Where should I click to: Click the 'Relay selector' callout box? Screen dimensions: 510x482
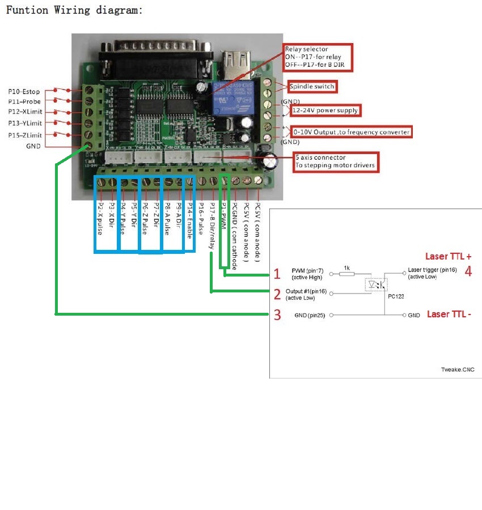pyautogui.click(x=318, y=57)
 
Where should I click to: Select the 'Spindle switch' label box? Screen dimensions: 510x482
pyautogui.click(x=312, y=87)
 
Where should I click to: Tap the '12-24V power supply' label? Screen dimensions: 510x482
pyautogui.click(x=325, y=109)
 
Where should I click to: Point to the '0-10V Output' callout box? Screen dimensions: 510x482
pyautogui.click(x=351, y=132)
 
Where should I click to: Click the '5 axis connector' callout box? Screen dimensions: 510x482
pyautogui.click(x=336, y=161)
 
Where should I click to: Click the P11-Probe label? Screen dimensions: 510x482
pyautogui.click(x=24, y=101)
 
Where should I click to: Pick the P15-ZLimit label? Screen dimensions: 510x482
pyautogui.click(x=24, y=134)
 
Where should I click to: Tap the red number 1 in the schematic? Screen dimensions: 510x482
pyautogui.click(x=277, y=274)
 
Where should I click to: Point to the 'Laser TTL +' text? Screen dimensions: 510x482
pyautogui.click(x=448, y=256)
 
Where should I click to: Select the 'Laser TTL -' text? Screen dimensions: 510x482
pyautogui.click(x=448, y=314)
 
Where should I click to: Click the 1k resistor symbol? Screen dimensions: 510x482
pyautogui.click(x=346, y=273)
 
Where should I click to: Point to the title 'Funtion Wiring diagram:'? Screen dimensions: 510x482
pyautogui.click(x=74, y=10)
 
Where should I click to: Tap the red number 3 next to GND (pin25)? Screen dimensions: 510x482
pyautogui.click(x=277, y=314)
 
